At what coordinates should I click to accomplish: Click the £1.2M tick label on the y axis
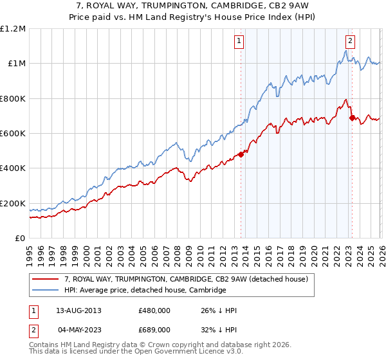tap(13, 29)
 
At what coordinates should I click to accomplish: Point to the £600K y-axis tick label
tap(13, 134)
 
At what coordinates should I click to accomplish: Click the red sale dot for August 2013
tap(241, 154)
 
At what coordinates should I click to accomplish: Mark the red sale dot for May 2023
tap(351, 118)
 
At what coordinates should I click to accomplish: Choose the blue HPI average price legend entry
tap(145, 291)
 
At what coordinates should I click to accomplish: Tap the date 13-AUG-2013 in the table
tap(79, 310)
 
